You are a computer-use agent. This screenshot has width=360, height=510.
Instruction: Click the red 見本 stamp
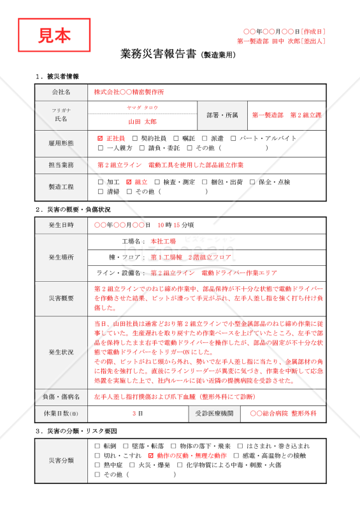coord(54,36)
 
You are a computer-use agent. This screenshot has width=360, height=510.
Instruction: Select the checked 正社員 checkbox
coord(100,138)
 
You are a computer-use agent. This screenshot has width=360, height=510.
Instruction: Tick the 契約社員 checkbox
coord(134,138)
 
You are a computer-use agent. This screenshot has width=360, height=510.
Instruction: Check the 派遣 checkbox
coord(204,138)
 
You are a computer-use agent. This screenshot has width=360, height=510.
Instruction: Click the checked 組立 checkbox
coord(129,182)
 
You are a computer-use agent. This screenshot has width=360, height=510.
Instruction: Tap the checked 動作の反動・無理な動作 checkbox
coord(150,456)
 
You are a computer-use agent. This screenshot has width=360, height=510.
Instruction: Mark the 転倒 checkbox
coord(97,446)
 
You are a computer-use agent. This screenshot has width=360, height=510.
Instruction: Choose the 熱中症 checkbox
coord(97,465)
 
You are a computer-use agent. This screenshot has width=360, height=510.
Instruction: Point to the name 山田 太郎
coord(142,121)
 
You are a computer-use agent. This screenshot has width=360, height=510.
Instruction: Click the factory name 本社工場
coord(163,242)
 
